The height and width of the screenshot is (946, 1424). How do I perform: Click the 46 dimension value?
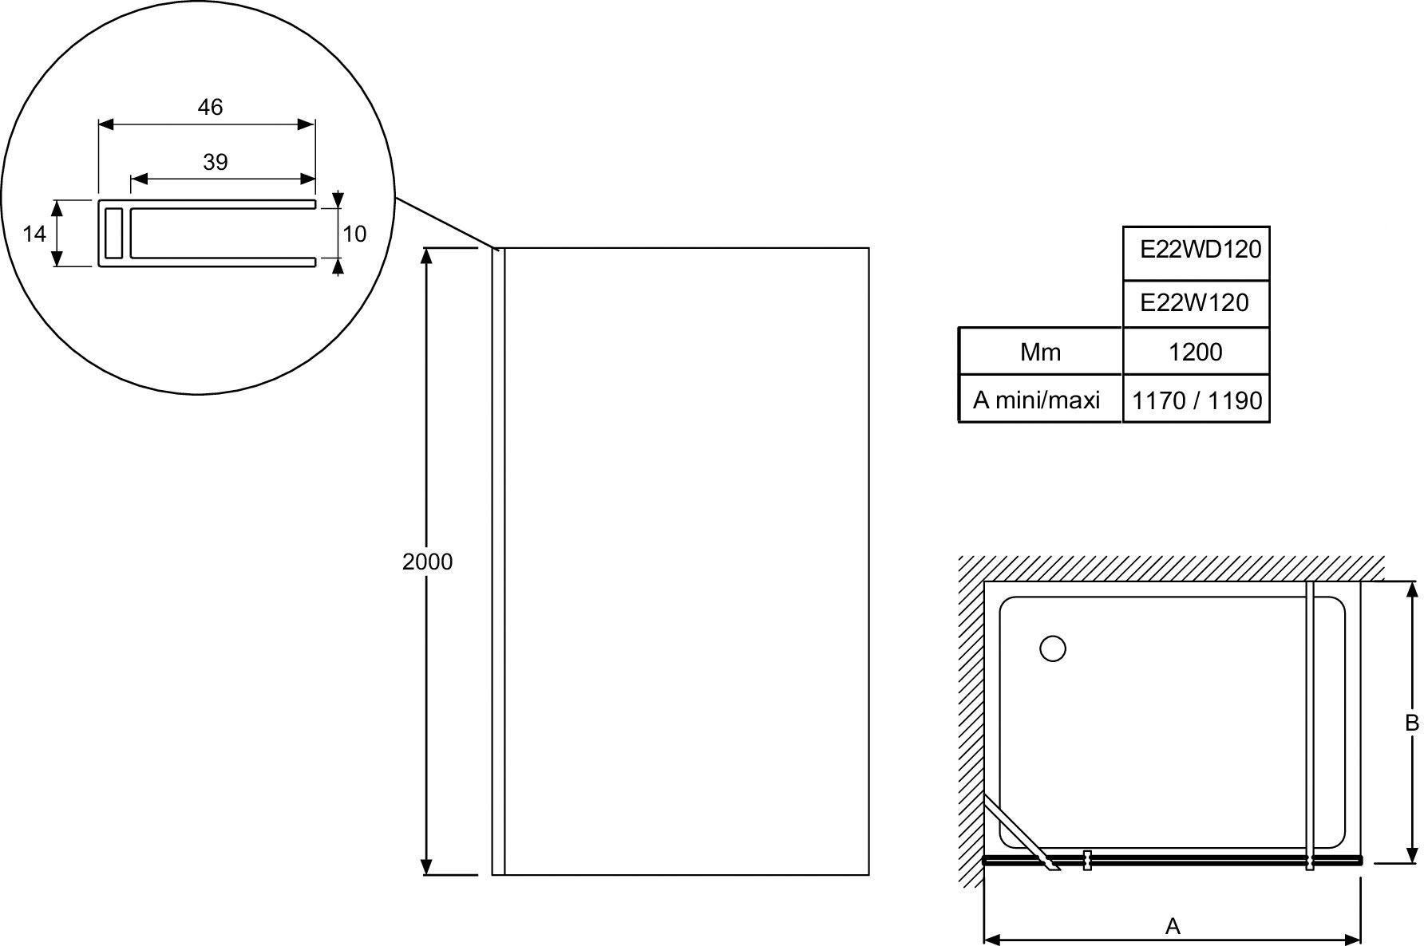(210, 107)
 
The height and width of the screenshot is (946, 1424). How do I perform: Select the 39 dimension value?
(216, 162)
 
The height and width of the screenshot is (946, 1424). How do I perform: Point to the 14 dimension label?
(34, 234)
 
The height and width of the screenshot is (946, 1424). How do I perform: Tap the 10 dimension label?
(354, 234)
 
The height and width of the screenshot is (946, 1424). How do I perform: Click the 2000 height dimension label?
(427, 562)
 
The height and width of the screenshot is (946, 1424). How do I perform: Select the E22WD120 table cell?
(1196, 254)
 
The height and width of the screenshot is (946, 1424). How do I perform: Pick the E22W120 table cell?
(1196, 304)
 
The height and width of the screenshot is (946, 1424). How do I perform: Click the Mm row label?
(1040, 352)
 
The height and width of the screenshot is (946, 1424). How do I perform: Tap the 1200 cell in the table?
(1196, 351)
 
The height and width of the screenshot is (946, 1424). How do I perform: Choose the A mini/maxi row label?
(1036, 399)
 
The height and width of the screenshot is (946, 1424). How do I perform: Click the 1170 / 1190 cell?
(1196, 399)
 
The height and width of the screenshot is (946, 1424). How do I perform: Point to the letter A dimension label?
(1173, 926)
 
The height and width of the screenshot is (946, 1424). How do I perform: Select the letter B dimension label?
(1412, 723)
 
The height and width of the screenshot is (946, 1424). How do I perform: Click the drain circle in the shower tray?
(1053, 649)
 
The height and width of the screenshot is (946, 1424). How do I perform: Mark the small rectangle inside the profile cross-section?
(114, 233)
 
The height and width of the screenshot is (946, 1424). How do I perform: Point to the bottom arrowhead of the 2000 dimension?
(427, 866)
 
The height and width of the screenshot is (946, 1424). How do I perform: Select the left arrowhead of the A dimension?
(993, 940)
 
